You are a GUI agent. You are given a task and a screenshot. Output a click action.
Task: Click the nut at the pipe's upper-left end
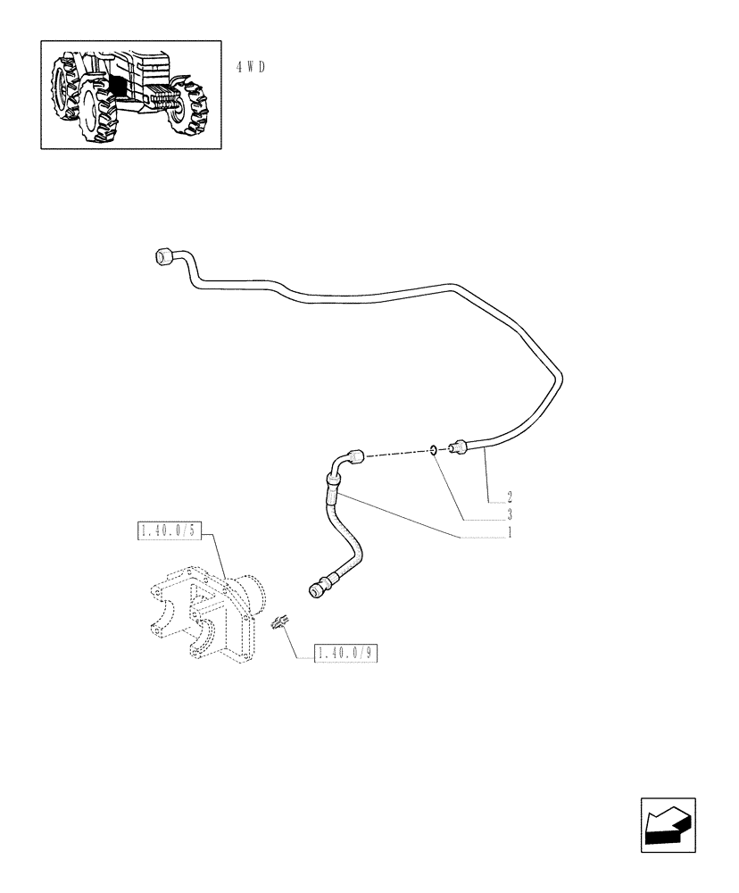point(163,256)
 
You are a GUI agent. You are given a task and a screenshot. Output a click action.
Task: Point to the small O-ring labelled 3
point(433,450)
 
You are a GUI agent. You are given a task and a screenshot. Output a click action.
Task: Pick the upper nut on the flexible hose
point(356,457)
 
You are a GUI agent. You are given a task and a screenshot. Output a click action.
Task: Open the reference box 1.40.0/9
point(347,654)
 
